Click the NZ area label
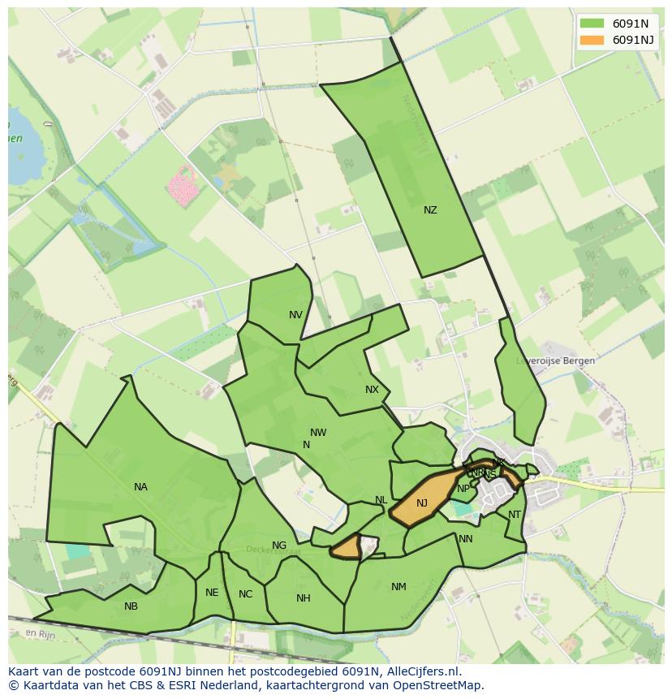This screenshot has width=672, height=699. click(430, 210)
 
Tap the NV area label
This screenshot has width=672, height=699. click(295, 315)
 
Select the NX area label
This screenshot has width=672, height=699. click(372, 390)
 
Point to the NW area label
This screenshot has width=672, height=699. click(318, 433)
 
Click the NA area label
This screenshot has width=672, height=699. click(140, 487)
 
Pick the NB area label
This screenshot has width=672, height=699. click(131, 606)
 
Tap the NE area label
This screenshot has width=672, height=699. click(212, 593)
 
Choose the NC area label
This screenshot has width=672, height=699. click(245, 594)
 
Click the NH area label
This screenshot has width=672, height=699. click(303, 598)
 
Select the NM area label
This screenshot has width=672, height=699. click(398, 587)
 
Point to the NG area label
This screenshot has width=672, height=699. click(279, 546)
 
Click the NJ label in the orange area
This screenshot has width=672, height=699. click(421, 503)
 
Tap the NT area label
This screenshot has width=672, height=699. click(515, 515)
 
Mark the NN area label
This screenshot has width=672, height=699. click(465, 539)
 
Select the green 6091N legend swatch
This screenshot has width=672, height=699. click(592, 24)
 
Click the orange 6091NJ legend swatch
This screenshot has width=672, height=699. click(592, 40)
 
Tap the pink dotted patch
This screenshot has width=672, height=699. click(183, 188)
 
